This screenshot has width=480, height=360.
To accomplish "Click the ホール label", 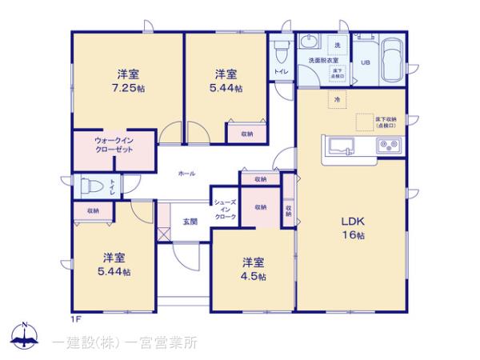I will [x=186, y=174].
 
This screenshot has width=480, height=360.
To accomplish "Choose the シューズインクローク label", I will [x=224, y=209].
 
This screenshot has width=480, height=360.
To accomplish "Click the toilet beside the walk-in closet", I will [x=90, y=187].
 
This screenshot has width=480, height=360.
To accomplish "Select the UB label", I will [x=365, y=62].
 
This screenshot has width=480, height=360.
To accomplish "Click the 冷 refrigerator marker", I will [x=337, y=100].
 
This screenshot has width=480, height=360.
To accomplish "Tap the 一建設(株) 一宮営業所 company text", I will [x=126, y=343].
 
